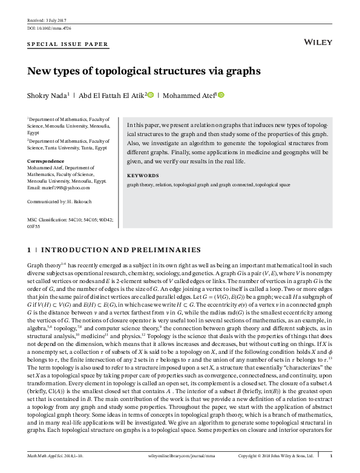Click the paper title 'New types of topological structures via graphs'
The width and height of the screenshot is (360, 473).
coord(144,71)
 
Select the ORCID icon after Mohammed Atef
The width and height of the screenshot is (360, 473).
coord(221,94)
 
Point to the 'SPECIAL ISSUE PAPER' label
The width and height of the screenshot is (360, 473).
coord(68,44)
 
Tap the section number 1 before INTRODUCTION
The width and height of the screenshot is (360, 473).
coord(30,249)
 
